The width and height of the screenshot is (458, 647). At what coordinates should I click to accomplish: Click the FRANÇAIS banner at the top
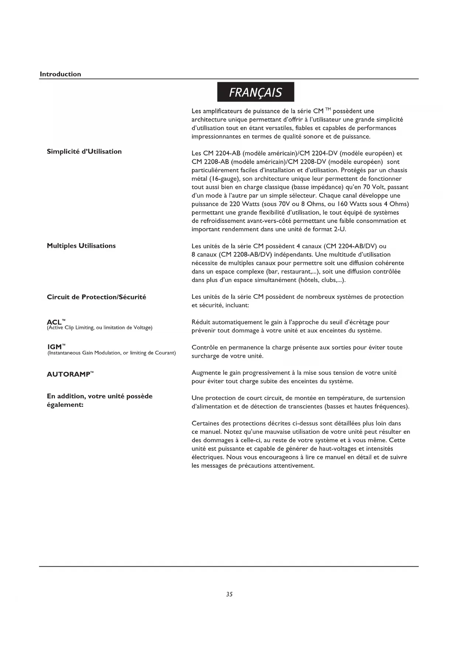click(255, 92)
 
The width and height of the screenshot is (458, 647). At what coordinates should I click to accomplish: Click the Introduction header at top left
click(60, 74)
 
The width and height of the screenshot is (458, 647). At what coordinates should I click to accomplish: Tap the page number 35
click(229, 594)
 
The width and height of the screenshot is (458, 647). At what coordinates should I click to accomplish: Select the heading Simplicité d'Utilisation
click(84, 152)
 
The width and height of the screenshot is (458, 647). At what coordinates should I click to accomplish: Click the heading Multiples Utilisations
click(81, 246)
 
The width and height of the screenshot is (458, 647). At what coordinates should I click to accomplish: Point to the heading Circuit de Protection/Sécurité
click(96, 297)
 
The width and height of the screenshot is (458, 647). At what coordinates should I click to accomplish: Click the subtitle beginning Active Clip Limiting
click(100, 328)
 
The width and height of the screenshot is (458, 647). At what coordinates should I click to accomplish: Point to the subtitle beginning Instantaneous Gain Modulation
click(111, 353)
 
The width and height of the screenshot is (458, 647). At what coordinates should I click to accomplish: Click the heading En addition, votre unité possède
click(100, 397)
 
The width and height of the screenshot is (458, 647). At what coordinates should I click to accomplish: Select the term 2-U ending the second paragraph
click(339, 229)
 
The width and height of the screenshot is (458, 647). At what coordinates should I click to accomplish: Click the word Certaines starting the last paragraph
click(206, 423)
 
